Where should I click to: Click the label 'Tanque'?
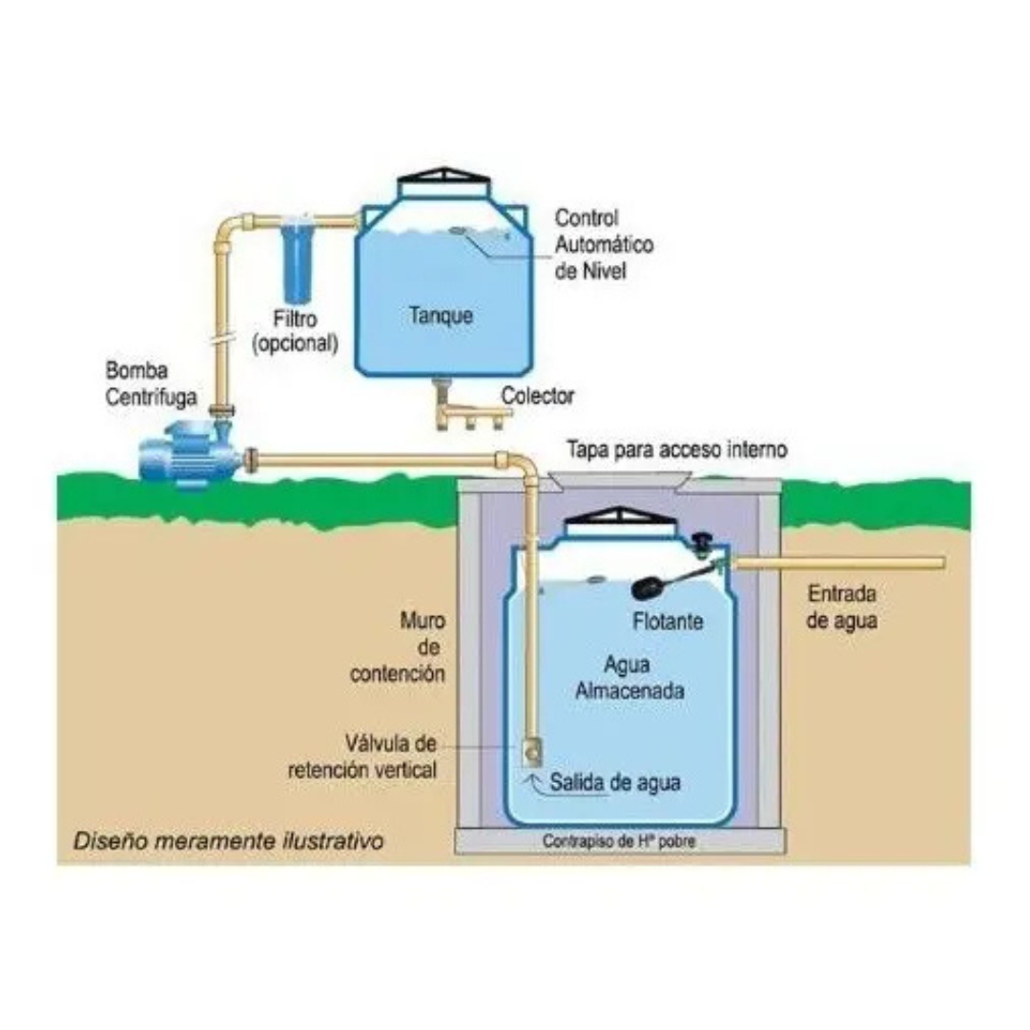coord(441,316)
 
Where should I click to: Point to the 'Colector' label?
coord(537,396)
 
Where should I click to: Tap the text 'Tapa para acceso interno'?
coord(676,449)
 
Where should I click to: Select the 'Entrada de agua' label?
coord(841,607)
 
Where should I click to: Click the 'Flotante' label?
coord(668,622)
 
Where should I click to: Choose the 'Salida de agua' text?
coord(615,782)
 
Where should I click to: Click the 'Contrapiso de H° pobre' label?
coord(619,841)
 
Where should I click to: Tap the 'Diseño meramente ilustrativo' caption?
coord(229,841)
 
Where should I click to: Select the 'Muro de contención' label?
coord(398,647)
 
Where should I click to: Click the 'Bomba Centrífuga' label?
coord(151,383)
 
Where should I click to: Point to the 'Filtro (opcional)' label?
coord(295,331)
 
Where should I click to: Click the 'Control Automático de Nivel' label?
coord(604,244)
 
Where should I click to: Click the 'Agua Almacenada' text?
coord(629,677)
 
